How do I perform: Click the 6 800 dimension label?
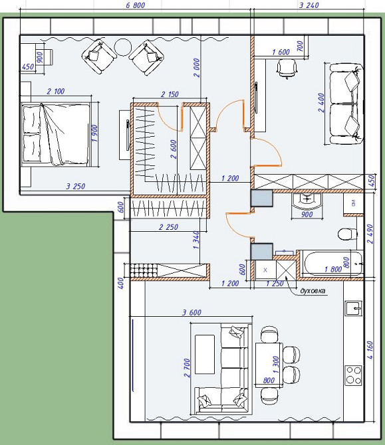tap(135, 5)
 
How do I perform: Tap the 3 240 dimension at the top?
tap(309, 5)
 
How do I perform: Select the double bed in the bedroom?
tap(56, 135)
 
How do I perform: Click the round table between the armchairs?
tap(123, 47)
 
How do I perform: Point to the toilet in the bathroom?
tap(348, 234)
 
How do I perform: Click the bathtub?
tap(332, 263)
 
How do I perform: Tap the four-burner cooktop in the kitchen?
tap(354, 375)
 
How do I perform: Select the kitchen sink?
tap(354, 308)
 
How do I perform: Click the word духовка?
tap(313, 291)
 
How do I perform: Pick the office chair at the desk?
tap(287, 68)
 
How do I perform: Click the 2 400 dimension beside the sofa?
tap(321, 103)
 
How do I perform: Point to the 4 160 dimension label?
tap(370, 350)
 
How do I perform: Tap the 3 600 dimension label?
tap(192, 312)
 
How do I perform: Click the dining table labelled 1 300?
tap(269, 365)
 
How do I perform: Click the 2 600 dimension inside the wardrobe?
tap(174, 149)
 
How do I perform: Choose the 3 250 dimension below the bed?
tap(76, 186)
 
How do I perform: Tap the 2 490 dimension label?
tap(370, 234)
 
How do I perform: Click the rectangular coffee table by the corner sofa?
tap(205, 354)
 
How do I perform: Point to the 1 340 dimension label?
tap(196, 240)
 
